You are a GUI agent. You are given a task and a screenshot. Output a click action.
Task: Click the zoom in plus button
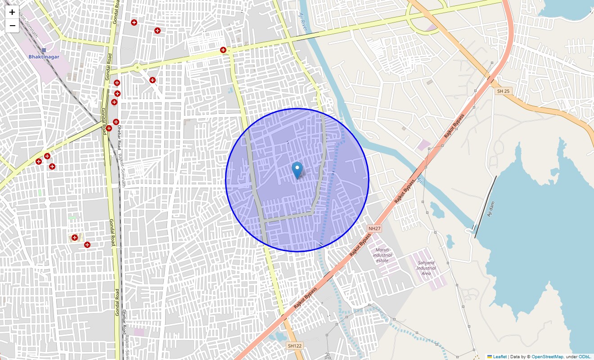coord(12,12)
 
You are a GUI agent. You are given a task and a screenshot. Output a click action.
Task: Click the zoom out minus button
coord(12,26)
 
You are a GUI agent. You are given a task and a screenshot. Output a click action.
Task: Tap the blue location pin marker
coord(297,170)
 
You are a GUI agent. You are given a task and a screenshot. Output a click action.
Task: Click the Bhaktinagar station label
coord(44,57)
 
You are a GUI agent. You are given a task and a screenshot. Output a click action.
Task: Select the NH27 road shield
coord(374,229)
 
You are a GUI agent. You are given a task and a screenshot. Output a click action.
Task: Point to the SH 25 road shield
coord(503,91)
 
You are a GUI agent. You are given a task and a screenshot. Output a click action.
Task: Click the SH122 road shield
coord(294,346)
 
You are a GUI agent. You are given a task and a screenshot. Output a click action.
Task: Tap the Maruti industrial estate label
coord(382,255)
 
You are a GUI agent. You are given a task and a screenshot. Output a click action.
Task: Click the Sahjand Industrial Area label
coord(426,268)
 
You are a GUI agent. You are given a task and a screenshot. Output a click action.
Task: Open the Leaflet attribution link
coord(499,356)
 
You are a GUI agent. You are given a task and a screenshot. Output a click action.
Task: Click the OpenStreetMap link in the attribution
coord(547,356)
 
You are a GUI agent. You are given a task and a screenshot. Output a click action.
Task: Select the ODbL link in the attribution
coord(585,356)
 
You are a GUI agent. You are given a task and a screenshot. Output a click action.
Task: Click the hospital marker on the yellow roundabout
coord(223,50)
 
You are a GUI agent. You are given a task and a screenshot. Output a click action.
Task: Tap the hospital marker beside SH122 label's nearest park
coord(75,237)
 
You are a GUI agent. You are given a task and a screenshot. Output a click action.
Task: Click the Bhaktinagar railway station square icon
coord(44,50)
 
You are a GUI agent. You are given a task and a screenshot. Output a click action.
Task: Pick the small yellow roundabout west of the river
coord(137,68)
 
